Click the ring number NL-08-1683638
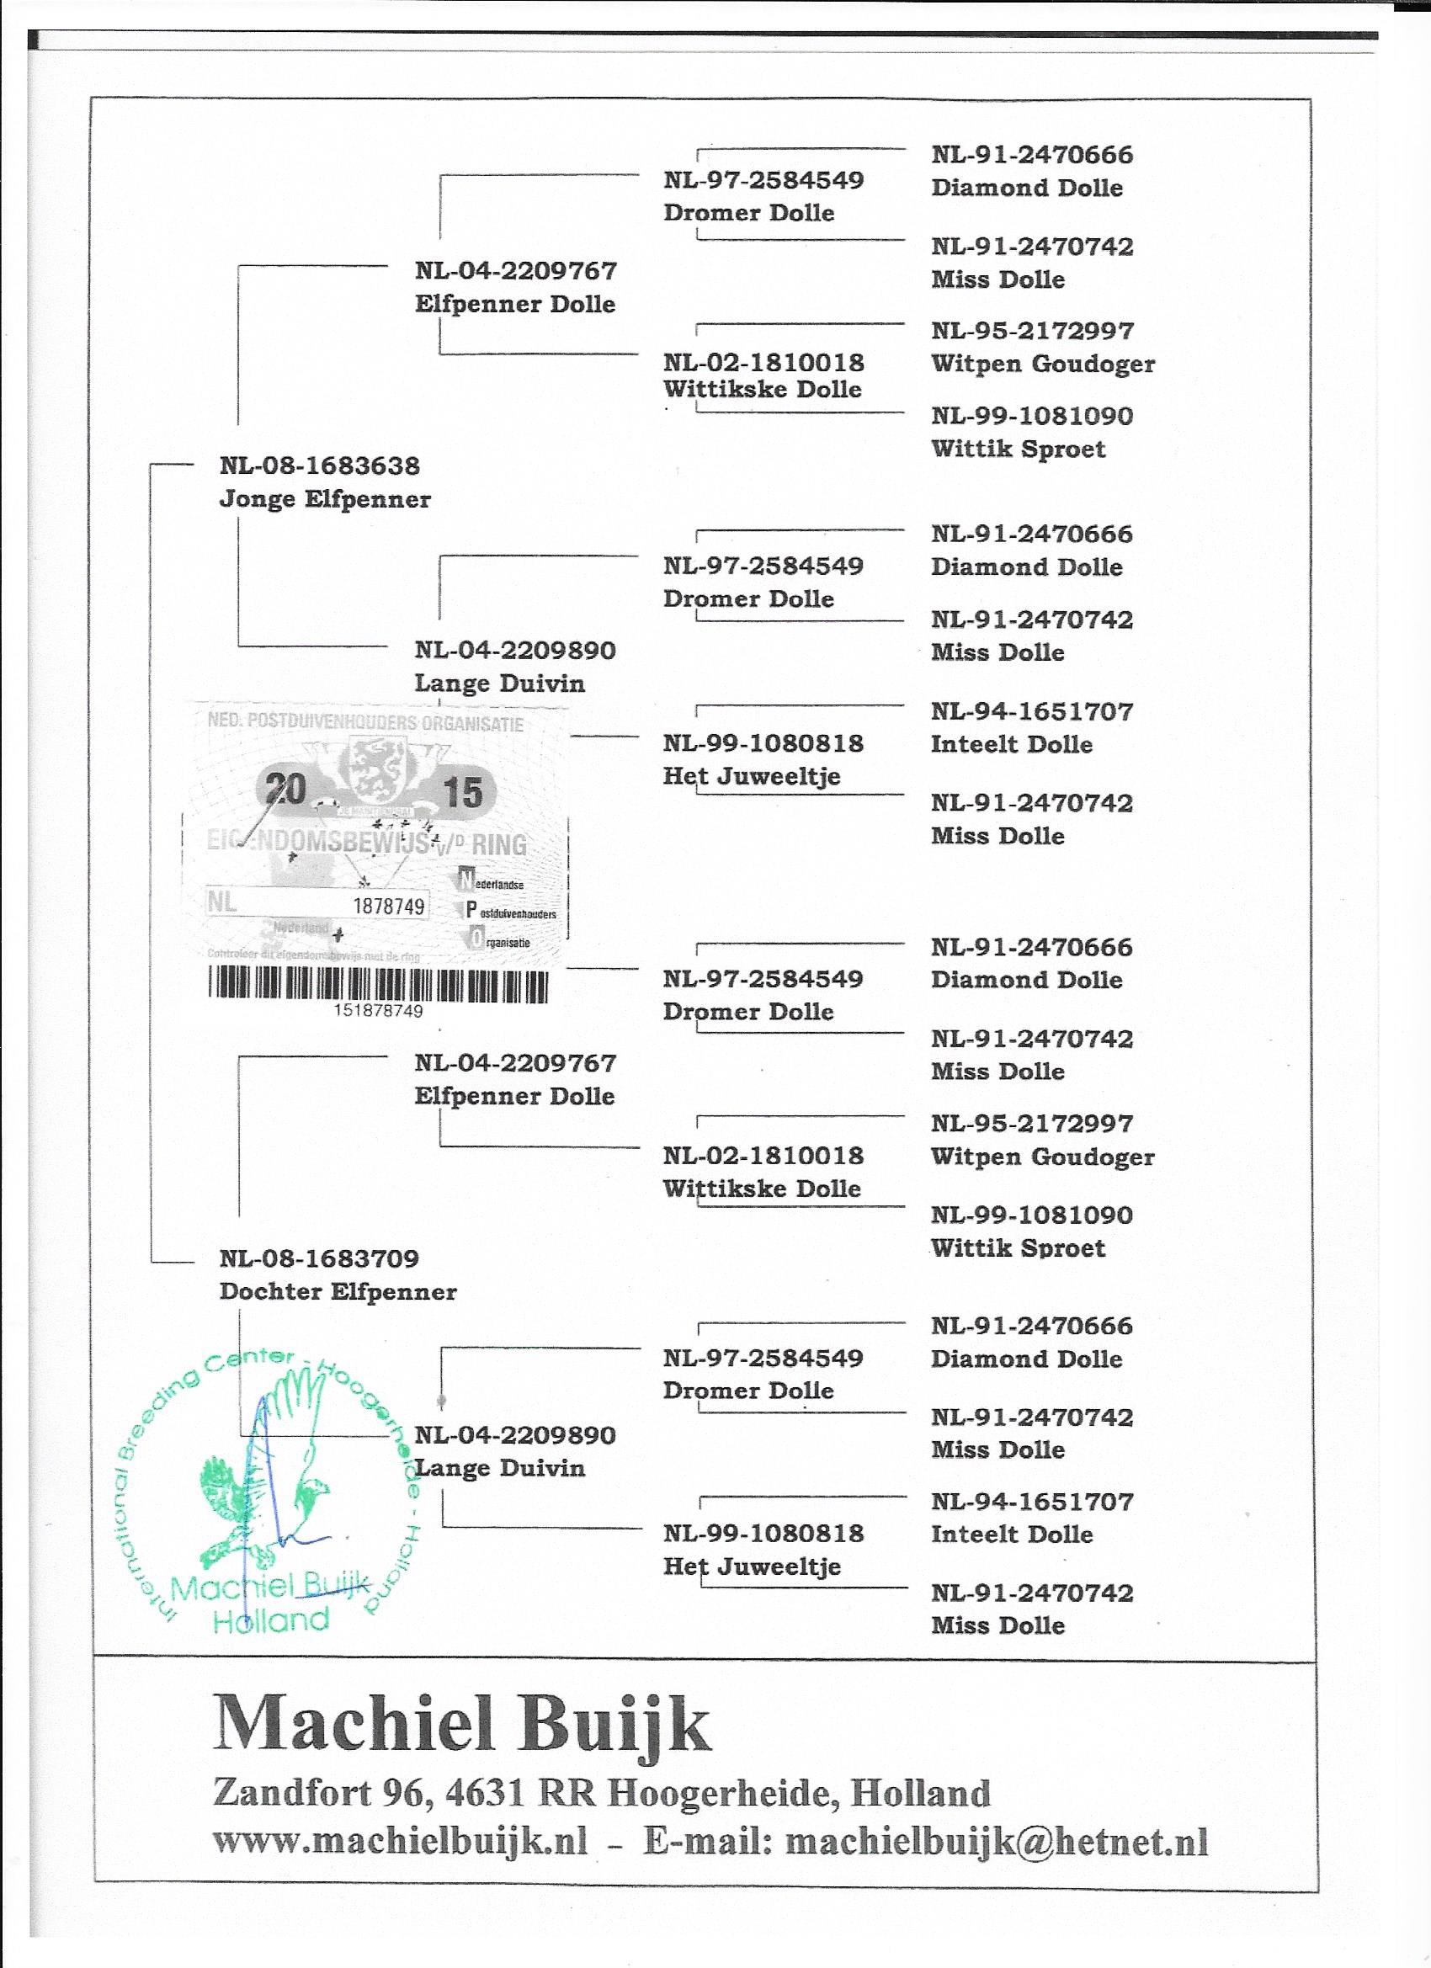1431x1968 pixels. click(319, 466)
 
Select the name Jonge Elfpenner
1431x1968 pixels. click(325, 500)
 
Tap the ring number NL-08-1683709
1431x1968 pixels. click(319, 1258)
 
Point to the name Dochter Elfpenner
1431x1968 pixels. click(338, 1292)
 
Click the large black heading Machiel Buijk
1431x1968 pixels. click(461, 1724)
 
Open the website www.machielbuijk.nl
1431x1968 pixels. click(400, 1841)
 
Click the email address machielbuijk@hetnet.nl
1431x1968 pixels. click(997, 1841)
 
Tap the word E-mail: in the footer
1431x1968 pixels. click(707, 1841)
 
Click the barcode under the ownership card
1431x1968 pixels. click(378, 987)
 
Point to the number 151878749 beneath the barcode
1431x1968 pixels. click(378, 1011)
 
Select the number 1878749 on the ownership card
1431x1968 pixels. click(389, 907)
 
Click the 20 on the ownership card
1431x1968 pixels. click(285, 790)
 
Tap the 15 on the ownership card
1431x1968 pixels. click(462, 792)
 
